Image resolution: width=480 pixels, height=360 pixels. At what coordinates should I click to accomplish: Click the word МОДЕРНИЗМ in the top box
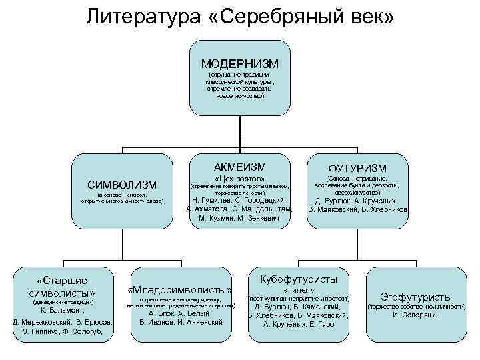click(240, 63)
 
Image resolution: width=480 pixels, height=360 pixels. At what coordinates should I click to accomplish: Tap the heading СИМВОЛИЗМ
click(123, 184)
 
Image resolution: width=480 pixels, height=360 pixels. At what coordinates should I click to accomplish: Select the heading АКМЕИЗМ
click(240, 166)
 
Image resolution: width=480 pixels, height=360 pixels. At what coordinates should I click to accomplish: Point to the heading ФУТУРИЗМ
click(357, 167)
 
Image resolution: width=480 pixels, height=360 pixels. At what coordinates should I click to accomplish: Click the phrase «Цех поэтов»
click(240, 178)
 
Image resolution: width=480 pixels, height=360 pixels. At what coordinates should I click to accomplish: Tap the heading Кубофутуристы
click(298, 279)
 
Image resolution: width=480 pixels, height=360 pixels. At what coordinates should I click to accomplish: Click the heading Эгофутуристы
click(416, 297)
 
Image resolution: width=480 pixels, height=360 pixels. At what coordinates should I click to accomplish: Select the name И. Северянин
click(416, 314)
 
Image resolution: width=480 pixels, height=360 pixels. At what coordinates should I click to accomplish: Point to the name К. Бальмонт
click(62, 311)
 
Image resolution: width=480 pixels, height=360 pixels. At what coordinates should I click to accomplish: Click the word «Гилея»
click(298, 290)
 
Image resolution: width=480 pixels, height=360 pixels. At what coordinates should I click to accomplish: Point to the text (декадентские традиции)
click(62, 302)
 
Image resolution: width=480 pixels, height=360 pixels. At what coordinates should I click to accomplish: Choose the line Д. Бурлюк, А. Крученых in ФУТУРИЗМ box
click(357, 200)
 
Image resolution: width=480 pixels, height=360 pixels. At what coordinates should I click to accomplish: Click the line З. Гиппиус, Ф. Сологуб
click(62, 331)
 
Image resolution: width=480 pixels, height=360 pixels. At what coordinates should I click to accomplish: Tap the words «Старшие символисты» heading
click(62, 285)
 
